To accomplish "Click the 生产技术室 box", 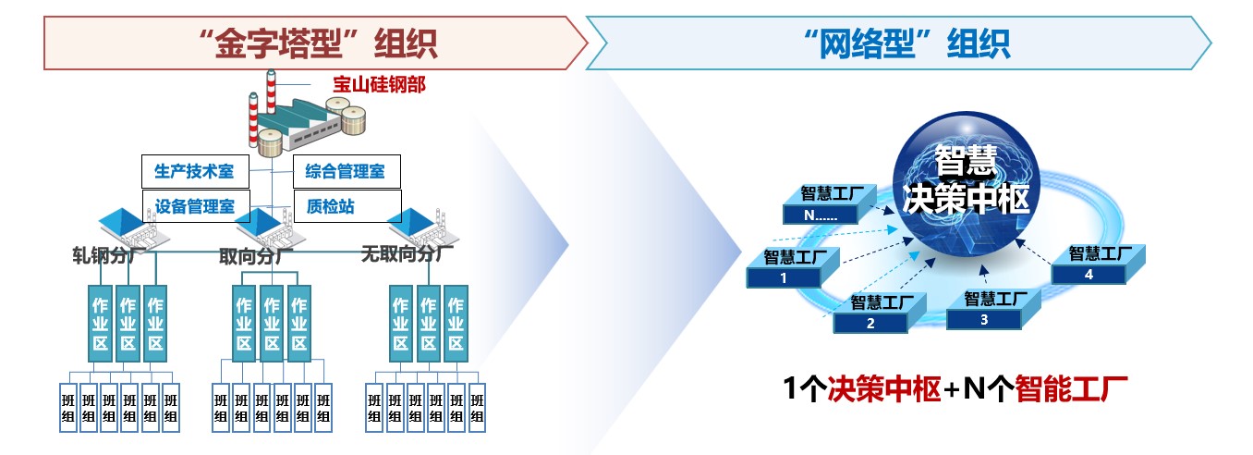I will (x=195, y=171).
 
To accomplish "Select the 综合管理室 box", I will (x=339, y=171).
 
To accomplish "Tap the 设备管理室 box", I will (x=195, y=205).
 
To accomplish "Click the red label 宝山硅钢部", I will (x=380, y=85).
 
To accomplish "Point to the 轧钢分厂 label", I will (x=104, y=254).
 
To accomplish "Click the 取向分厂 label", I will (x=253, y=254).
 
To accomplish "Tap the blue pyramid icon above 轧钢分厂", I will (x=121, y=223).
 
